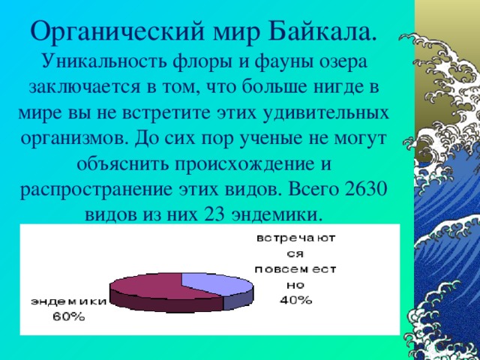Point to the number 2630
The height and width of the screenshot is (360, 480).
pos(365,188)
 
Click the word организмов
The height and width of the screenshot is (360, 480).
pos(72,138)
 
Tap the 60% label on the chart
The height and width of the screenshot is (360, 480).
pos(68,316)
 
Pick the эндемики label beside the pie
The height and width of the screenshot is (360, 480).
pos(68,301)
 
